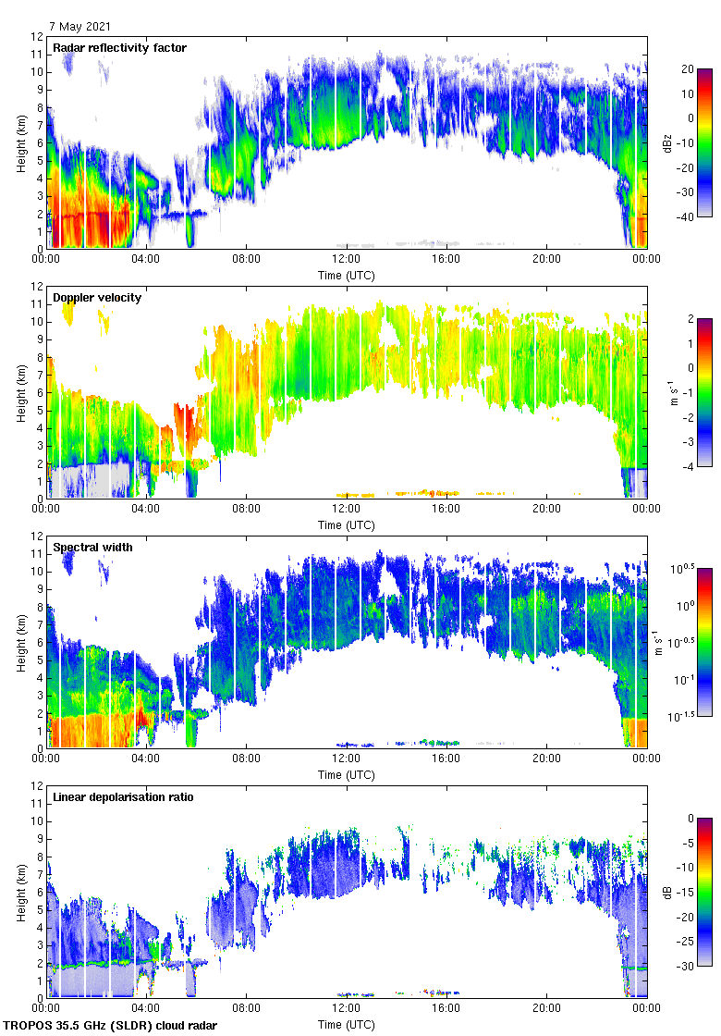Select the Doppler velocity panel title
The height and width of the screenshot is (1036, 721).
(95, 298)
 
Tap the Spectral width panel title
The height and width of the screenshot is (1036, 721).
(92, 548)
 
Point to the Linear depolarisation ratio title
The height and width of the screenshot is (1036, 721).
(123, 797)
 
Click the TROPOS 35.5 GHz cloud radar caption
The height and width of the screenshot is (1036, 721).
(111, 1026)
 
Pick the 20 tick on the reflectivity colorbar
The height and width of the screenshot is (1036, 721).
(688, 69)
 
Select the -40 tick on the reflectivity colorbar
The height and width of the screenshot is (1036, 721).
(690, 217)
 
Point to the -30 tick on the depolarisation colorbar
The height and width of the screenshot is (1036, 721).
(690, 967)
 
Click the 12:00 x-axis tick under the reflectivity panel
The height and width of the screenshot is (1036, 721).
(347, 260)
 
